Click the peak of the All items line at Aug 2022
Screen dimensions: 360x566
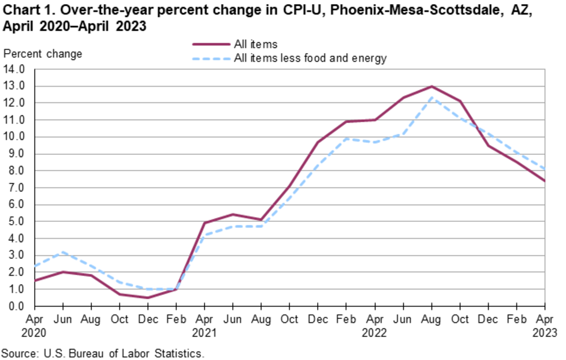click(x=431, y=87)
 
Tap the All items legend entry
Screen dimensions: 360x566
click(x=256, y=44)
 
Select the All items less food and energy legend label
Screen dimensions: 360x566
click(x=310, y=58)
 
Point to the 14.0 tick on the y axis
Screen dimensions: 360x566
click(x=16, y=69)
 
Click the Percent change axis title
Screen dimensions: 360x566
click(x=43, y=54)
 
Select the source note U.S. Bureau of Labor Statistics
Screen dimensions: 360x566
click(x=103, y=352)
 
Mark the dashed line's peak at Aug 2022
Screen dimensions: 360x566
click(x=431, y=98)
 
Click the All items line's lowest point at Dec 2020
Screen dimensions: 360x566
click(x=148, y=298)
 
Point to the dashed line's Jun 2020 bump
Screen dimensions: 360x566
click(x=63, y=252)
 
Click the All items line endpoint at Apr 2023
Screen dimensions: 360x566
click(x=545, y=181)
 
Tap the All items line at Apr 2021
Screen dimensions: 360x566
click(x=204, y=223)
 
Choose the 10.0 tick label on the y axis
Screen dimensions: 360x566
click(x=16, y=137)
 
